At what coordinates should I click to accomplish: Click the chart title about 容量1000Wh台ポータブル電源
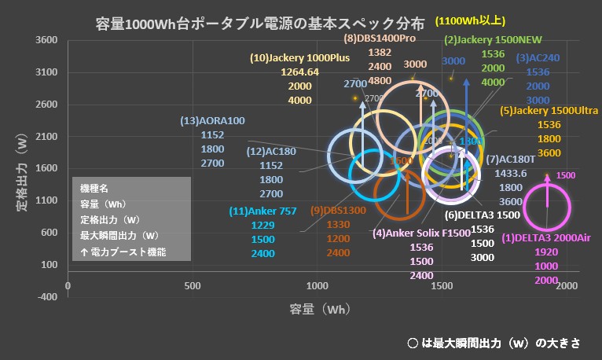[x=259, y=23]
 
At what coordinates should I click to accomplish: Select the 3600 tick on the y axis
[x=47, y=40]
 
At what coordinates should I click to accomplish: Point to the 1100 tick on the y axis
[x=47, y=200]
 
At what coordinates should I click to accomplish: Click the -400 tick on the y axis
[x=47, y=296]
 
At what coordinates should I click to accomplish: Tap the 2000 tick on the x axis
[x=566, y=284]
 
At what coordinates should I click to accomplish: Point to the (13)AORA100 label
[x=212, y=120]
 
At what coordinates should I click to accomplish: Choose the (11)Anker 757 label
[x=262, y=211]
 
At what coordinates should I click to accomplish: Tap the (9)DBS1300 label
[x=338, y=210]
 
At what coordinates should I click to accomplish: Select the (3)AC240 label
[x=538, y=57]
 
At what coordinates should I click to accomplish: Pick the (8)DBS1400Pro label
[x=380, y=38]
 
